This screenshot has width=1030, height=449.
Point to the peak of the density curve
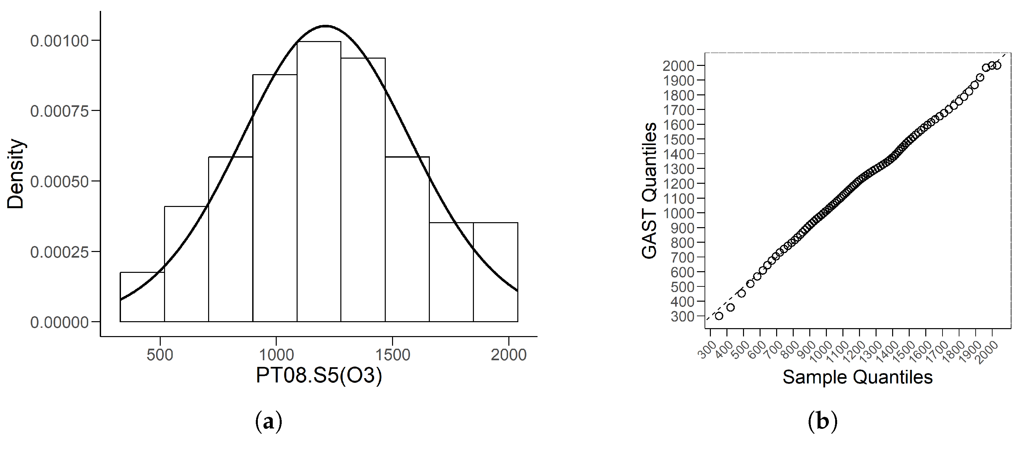(326, 26)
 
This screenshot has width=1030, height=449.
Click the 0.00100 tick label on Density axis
(59, 41)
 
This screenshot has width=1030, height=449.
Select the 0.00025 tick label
(59, 252)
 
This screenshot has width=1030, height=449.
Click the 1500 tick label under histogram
(392, 355)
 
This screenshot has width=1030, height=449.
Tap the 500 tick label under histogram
(159, 355)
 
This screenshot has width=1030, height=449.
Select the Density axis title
(16, 174)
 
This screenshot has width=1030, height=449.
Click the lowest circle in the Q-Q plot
(719, 316)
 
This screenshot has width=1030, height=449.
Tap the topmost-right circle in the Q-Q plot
(997, 66)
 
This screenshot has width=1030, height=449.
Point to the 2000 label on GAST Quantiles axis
(678, 66)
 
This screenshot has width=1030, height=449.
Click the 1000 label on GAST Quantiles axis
(678, 213)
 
